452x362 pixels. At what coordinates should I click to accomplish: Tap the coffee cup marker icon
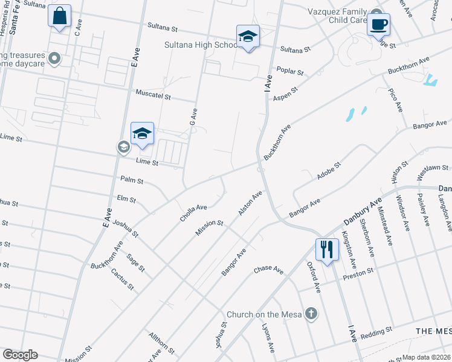pyautogui.click(x=378, y=25)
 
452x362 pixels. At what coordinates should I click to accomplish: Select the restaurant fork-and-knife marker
pyautogui.click(x=327, y=249)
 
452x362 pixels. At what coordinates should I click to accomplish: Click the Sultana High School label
pyautogui.click(x=201, y=45)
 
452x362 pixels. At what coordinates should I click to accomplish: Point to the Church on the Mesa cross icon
pyautogui.click(x=311, y=314)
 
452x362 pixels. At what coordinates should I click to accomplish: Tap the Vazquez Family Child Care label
pyautogui.click(x=338, y=16)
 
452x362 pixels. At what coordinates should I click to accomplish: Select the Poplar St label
pyautogui.click(x=290, y=71)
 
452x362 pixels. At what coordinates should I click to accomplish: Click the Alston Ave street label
pyautogui.click(x=250, y=204)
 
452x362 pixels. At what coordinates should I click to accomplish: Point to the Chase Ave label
pyautogui.click(x=268, y=269)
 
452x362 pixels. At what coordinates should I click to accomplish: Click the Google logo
pyautogui.click(x=20, y=355)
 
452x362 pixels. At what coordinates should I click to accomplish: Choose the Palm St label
pyautogui.click(x=131, y=180)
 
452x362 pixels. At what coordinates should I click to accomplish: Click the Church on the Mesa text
pyautogui.click(x=262, y=314)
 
